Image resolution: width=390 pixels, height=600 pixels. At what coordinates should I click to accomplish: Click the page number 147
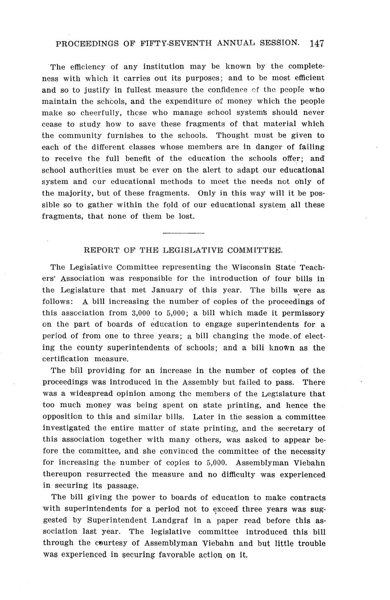click(x=317, y=43)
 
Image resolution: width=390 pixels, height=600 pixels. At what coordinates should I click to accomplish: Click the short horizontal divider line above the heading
click(x=183, y=233)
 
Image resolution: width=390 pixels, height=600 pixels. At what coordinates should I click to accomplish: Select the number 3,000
click(x=141, y=313)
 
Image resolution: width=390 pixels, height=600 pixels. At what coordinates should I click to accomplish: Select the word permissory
click(x=303, y=313)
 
